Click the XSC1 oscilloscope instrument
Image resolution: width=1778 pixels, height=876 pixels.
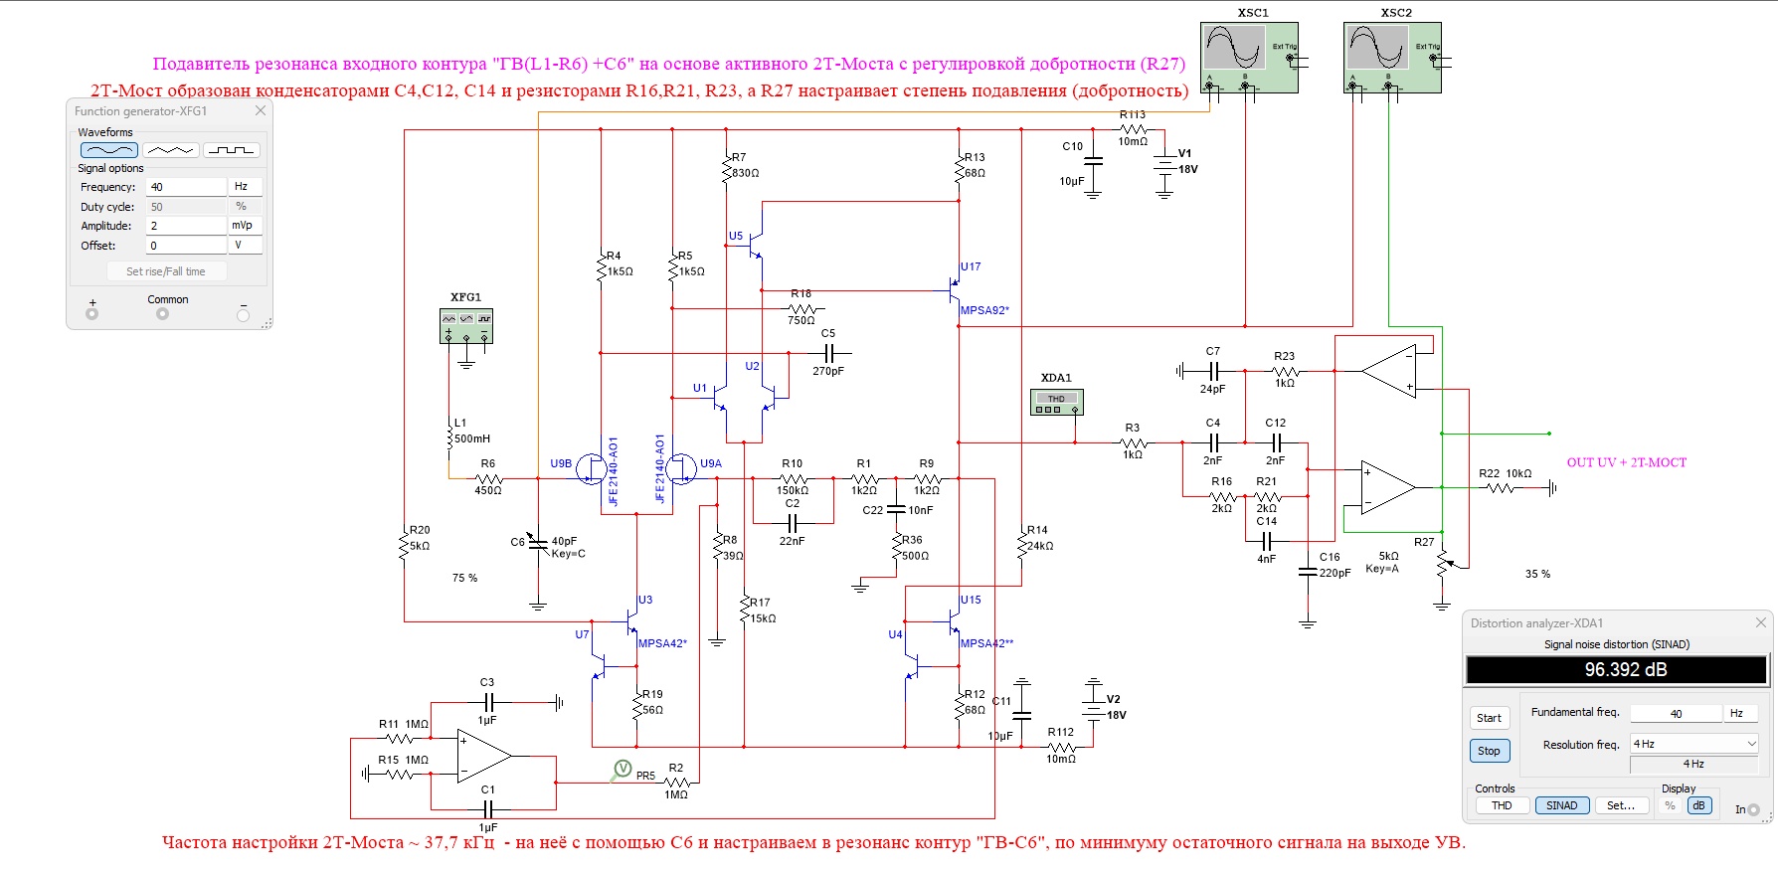[x=1248, y=58]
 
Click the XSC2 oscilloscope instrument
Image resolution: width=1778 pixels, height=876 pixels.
[x=1391, y=58]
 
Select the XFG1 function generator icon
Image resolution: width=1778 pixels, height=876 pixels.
[x=465, y=325]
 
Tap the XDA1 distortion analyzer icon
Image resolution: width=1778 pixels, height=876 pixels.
[x=1056, y=402]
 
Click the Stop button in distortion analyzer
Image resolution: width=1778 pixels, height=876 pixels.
[x=1489, y=751]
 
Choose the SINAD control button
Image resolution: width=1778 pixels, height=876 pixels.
[x=1561, y=805]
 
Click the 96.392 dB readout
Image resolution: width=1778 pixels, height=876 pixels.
[x=1616, y=670]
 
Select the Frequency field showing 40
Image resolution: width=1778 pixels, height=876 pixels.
[x=186, y=187]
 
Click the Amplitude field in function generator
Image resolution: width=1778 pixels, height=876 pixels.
[x=186, y=226]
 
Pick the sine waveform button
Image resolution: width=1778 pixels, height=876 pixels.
[x=108, y=150]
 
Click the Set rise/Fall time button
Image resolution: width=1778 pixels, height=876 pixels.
[x=166, y=271]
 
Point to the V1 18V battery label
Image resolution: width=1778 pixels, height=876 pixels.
[x=1187, y=161]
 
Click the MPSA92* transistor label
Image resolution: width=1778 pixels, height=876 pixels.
[x=984, y=310]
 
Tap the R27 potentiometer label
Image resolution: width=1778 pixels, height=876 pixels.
[x=1424, y=542]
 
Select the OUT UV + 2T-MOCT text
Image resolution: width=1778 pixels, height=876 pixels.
[x=1626, y=462]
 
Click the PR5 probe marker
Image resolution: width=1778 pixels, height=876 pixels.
[x=622, y=769]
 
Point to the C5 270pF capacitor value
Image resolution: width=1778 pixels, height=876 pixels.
[x=827, y=371]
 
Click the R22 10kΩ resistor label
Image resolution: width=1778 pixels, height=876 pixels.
[x=1505, y=473]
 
